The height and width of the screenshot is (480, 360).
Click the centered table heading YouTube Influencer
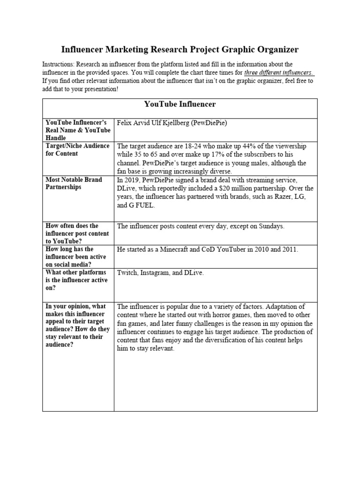(180, 104)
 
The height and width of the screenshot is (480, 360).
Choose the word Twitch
(127, 273)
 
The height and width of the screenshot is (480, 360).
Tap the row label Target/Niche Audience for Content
(77, 150)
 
